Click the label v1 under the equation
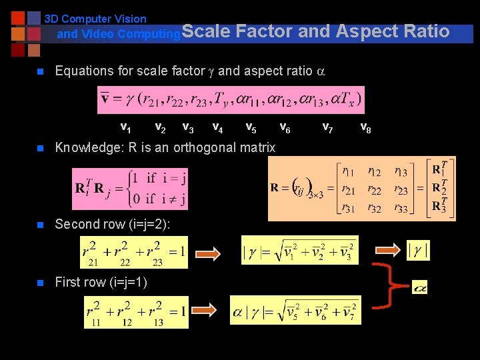(125, 127)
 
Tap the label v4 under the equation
(217, 127)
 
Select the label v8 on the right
(365, 127)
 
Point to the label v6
(284, 127)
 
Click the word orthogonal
(207, 147)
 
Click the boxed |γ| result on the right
(418, 251)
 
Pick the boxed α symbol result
(419, 287)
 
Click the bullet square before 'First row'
(41, 283)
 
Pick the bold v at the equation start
(105, 100)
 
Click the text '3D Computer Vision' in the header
(95, 19)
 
